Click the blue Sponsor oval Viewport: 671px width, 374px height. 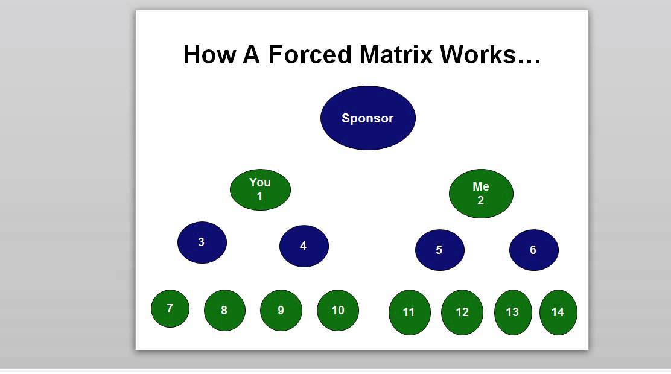367,118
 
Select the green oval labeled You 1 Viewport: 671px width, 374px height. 260,189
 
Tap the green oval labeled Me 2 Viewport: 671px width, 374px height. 481,194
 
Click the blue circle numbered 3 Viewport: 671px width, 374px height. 202,242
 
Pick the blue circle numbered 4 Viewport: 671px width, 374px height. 304,246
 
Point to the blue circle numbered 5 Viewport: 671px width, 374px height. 439,250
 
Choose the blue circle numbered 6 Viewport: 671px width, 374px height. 533,250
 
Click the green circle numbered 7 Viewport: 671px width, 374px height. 170,309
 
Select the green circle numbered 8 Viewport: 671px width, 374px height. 224,311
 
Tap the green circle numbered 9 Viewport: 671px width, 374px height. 281,311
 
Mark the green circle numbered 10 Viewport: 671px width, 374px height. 338,311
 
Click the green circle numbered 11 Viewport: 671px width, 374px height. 409,312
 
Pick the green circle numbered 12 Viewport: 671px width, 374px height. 462,312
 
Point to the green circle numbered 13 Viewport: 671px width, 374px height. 513,312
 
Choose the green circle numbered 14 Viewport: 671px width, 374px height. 558,312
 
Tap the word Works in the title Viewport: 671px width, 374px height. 479,54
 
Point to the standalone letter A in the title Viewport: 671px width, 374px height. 251,54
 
